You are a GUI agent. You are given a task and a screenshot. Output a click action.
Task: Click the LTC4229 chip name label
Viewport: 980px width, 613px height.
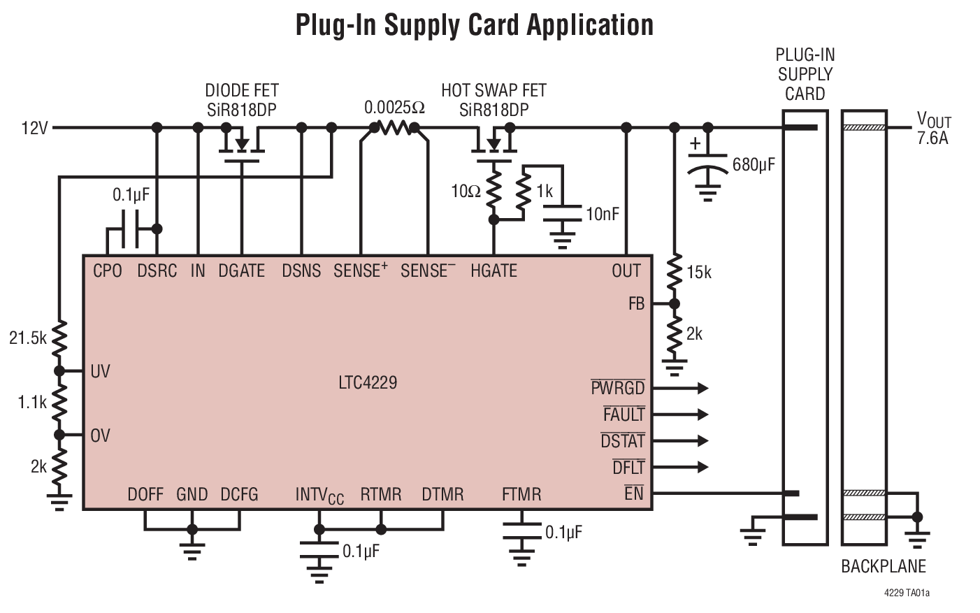[x=368, y=383]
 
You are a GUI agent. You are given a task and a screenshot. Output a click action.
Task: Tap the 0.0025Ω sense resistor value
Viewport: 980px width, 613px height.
[x=394, y=108]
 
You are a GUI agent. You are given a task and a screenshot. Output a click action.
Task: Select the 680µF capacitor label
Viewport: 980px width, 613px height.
[x=754, y=165]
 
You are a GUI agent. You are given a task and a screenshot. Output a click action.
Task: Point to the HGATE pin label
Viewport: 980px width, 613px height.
[x=493, y=271]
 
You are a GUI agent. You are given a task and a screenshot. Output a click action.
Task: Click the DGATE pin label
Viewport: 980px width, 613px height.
[x=241, y=271]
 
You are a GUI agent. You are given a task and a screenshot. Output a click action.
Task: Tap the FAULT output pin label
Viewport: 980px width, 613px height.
[x=624, y=414]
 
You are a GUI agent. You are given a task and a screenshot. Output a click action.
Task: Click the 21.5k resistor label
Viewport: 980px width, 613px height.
[x=27, y=339]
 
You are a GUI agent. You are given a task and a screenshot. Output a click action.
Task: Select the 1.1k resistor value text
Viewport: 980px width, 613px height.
[x=32, y=403]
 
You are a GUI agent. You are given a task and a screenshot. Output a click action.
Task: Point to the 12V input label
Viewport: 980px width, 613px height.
[x=34, y=129]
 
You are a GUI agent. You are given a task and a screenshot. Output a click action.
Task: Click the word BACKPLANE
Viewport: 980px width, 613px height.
[x=883, y=566]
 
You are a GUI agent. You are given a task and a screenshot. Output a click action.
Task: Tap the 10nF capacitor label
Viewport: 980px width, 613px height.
[x=602, y=215]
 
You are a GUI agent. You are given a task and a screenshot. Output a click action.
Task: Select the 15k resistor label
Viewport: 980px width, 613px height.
[x=698, y=273]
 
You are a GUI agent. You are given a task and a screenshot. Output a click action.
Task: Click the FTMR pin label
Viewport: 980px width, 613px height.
[x=521, y=495]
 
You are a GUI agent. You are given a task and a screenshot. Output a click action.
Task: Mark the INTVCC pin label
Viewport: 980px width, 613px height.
[x=319, y=496]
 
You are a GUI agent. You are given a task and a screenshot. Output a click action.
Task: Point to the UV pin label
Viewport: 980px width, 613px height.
[x=100, y=371]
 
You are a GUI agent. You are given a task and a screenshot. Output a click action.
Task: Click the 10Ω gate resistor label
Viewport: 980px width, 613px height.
[x=466, y=192]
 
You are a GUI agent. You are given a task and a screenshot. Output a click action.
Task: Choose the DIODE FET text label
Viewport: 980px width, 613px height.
[x=241, y=91]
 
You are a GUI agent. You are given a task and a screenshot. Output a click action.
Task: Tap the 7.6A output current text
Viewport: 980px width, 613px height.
[x=932, y=138]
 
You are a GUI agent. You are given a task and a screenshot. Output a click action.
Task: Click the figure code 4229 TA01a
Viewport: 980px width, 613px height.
[x=907, y=593]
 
